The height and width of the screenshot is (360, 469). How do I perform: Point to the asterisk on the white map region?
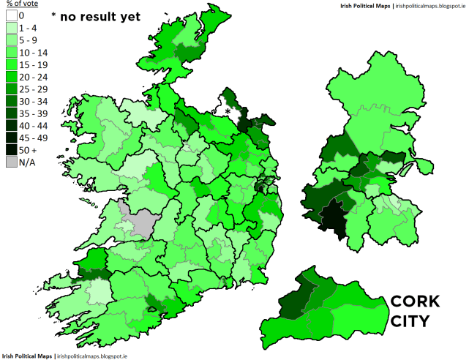[x=228, y=111]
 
